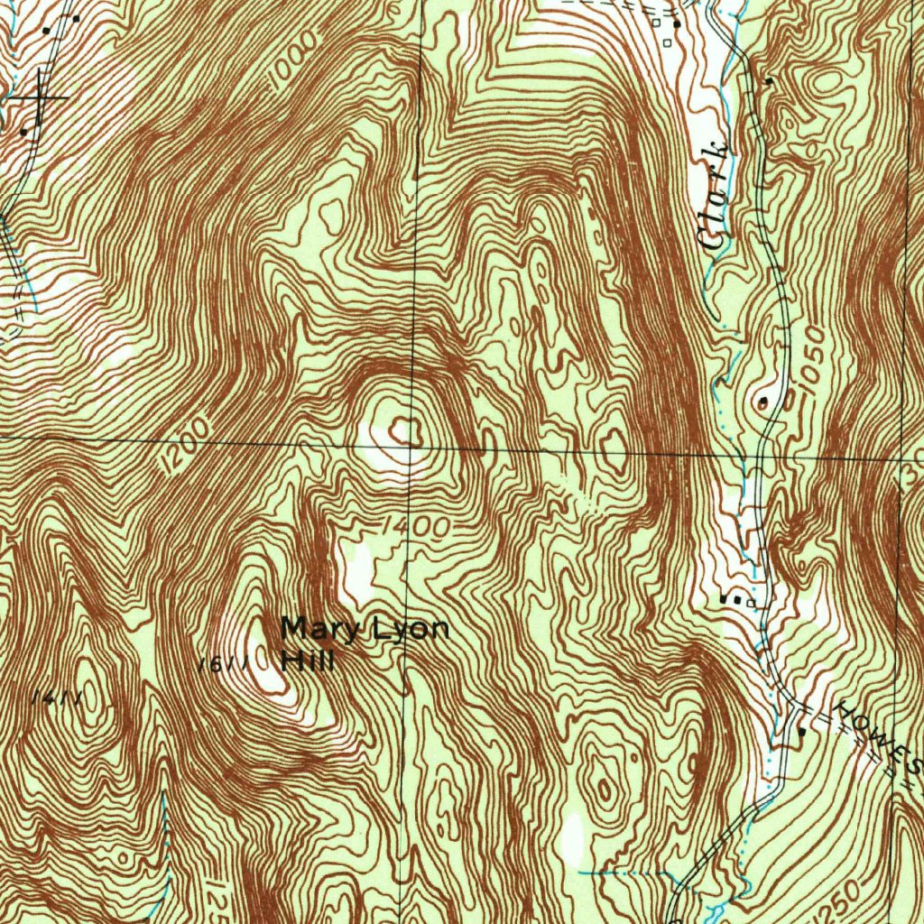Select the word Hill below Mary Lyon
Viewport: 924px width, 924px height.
coord(308,661)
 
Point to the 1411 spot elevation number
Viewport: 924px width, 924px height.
coord(57,698)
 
